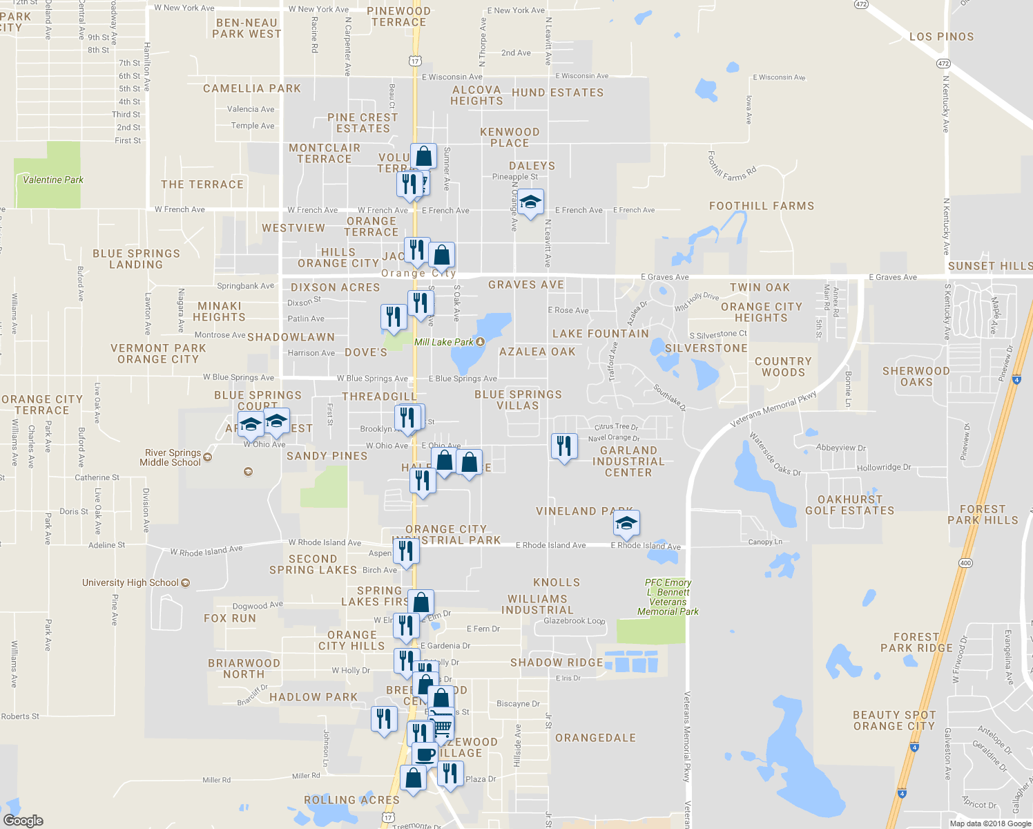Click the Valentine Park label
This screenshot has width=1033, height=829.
(x=52, y=180)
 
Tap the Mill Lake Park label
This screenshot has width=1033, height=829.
(x=444, y=342)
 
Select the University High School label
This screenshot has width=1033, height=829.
(x=131, y=582)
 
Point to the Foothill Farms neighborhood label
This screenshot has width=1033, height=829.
(x=762, y=206)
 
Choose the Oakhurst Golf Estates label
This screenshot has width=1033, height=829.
(x=849, y=505)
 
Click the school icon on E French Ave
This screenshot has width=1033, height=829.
(x=530, y=202)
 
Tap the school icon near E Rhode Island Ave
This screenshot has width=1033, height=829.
(x=626, y=523)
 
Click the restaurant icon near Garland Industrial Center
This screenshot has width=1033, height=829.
(x=564, y=446)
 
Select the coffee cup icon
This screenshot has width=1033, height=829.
(x=425, y=754)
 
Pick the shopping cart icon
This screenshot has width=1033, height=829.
(x=441, y=725)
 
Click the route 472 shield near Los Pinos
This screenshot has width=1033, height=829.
(x=943, y=64)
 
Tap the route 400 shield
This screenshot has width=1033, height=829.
(x=965, y=563)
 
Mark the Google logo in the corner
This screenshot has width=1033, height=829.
(x=23, y=821)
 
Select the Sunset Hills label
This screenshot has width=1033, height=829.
(x=989, y=266)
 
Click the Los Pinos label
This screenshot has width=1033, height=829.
(x=941, y=37)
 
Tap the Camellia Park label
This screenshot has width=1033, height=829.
(x=252, y=88)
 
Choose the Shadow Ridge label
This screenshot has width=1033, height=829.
(x=557, y=663)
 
